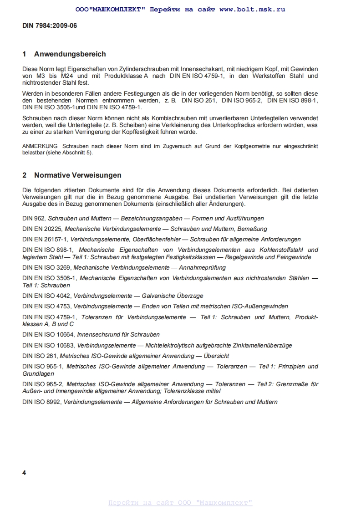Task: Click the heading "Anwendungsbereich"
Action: coord(70,54)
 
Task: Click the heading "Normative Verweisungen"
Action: coord(77,175)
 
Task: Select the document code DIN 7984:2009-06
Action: coord(50,26)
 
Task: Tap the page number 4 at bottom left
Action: coord(24,473)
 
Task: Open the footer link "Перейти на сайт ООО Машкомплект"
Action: coord(180,503)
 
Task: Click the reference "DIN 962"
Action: coord(33,219)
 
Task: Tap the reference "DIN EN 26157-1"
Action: coord(46,239)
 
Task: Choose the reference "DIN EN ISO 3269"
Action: coord(46,267)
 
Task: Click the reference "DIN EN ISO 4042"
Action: coord(46,296)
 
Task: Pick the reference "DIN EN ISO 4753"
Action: coord(46,307)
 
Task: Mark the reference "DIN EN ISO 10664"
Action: coord(48,335)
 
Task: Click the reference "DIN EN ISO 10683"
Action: coord(48,346)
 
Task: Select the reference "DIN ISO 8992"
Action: coord(41,402)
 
